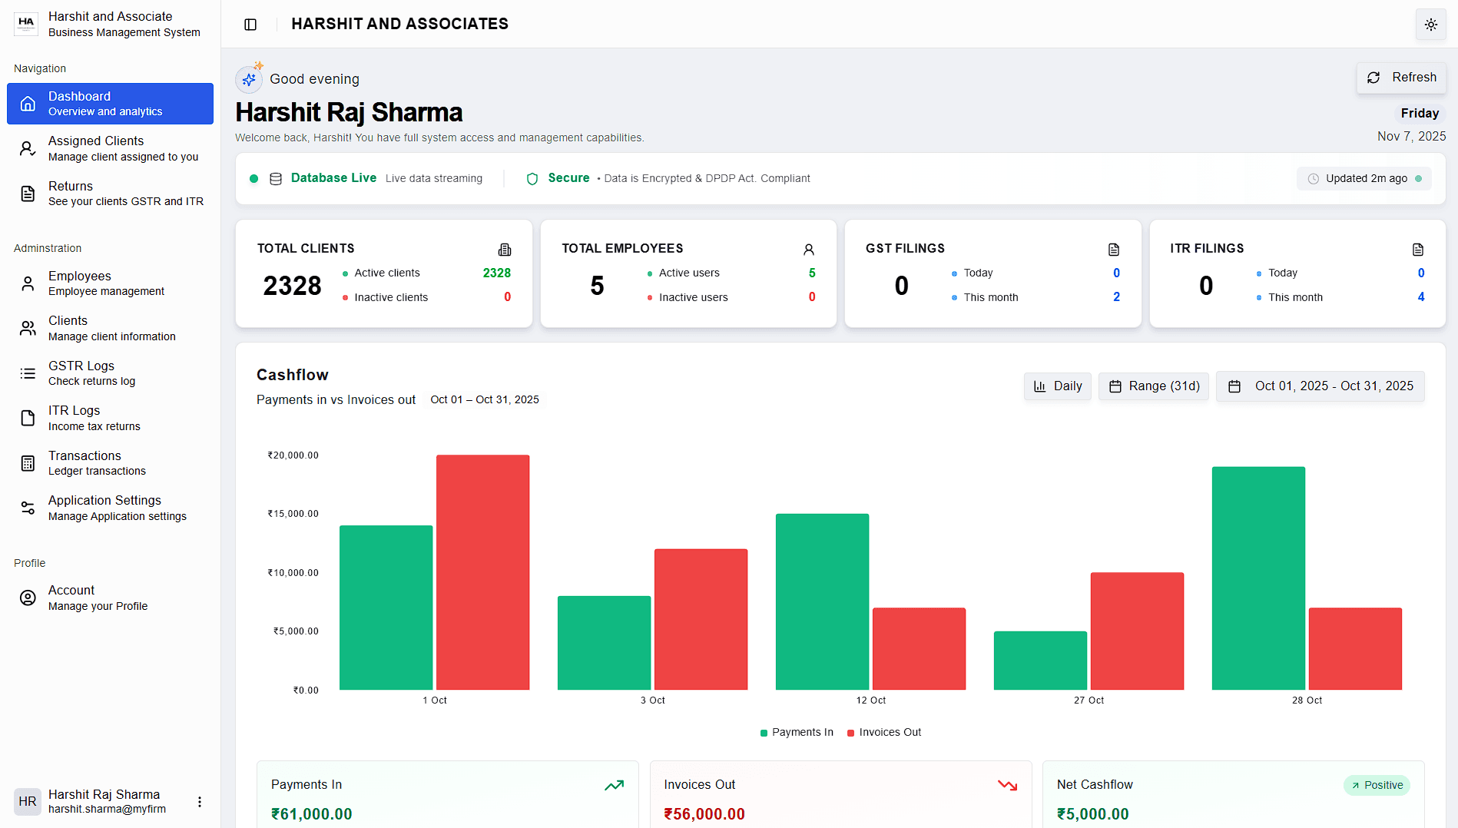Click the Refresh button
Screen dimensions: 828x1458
point(1402,78)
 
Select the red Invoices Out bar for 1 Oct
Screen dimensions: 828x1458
point(482,572)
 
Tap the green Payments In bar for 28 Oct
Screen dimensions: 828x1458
point(1258,578)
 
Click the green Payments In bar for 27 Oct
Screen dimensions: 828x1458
point(1040,661)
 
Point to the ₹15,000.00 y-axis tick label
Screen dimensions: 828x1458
point(293,514)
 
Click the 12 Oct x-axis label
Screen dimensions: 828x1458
point(870,700)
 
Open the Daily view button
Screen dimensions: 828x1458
point(1057,386)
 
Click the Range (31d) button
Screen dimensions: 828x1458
point(1153,386)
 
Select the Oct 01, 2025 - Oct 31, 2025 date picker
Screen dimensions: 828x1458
point(1320,386)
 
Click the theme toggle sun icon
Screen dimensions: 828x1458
point(1430,25)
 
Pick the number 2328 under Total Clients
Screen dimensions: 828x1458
point(292,286)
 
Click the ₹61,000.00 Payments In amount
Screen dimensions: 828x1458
point(312,814)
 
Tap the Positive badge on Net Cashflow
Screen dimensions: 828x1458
point(1377,785)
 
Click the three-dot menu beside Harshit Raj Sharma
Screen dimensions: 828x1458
point(200,802)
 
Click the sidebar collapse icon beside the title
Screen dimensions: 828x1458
point(250,25)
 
